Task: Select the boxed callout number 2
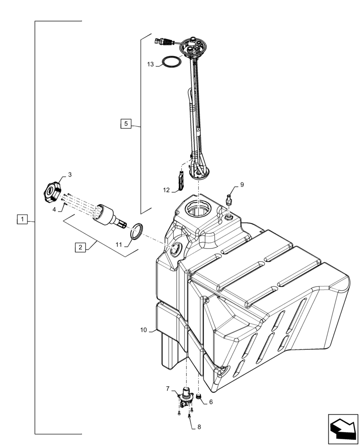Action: (79, 248)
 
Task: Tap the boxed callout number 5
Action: (126, 124)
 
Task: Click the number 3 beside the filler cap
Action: (70, 174)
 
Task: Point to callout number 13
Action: (151, 65)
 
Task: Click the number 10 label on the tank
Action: (143, 330)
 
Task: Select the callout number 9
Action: (242, 184)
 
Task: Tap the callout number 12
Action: (166, 190)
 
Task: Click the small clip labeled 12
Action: (180, 181)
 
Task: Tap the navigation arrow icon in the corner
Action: (343, 429)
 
